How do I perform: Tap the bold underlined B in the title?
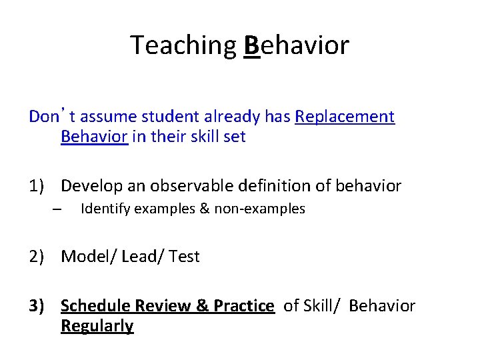[x=251, y=45]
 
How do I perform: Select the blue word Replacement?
[x=345, y=117]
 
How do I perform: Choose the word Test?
[x=184, y=257]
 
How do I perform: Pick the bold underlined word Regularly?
[x=97, y=326]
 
